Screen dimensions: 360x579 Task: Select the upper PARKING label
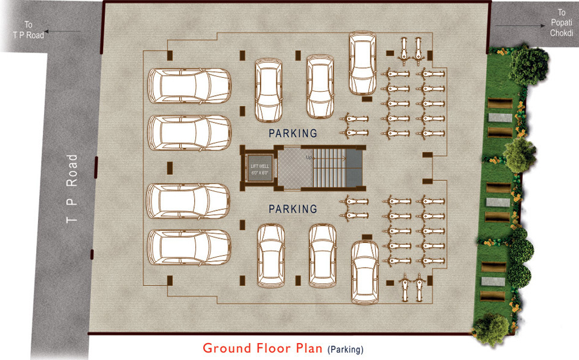tap(293, 132)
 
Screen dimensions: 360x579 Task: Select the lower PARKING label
tap(293, 209)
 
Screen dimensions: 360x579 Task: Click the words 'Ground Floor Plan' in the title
tap(262, 348)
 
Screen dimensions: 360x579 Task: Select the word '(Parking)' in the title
tap(346, 349)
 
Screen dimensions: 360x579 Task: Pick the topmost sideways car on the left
tap(190, 85)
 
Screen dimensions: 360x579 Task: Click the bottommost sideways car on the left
tap(189, 247)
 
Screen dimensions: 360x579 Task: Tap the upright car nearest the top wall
tap(362, 64)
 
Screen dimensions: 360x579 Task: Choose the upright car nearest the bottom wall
tap(365, 273)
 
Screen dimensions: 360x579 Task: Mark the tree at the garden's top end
tap(529, 60)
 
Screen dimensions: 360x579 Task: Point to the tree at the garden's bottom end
tap(491, 329)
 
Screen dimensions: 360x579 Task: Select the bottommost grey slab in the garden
tap(492, 282)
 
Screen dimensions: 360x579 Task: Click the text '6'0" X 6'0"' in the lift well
tap(259, 172)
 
